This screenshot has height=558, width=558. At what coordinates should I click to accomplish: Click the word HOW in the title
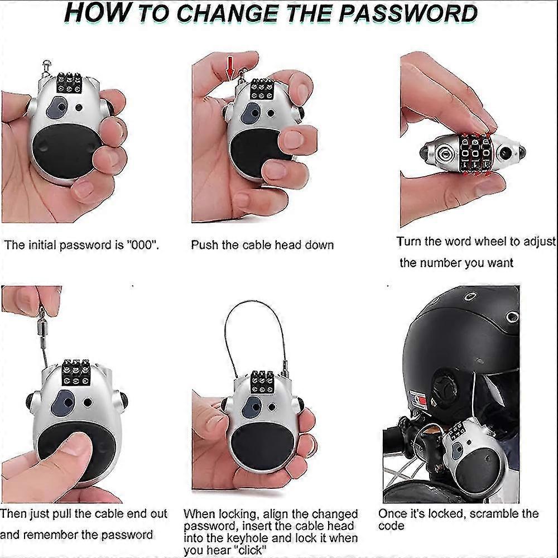click(98, 13)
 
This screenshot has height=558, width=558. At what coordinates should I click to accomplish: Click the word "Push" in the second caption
click(205, 245)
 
